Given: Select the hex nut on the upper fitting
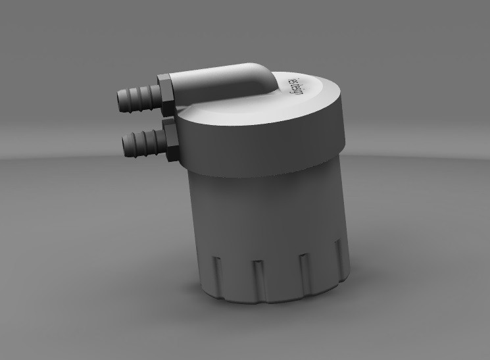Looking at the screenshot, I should pos(166,94).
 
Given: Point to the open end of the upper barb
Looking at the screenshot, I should pos(118,99).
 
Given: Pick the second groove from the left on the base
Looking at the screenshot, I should pos(257,280).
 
